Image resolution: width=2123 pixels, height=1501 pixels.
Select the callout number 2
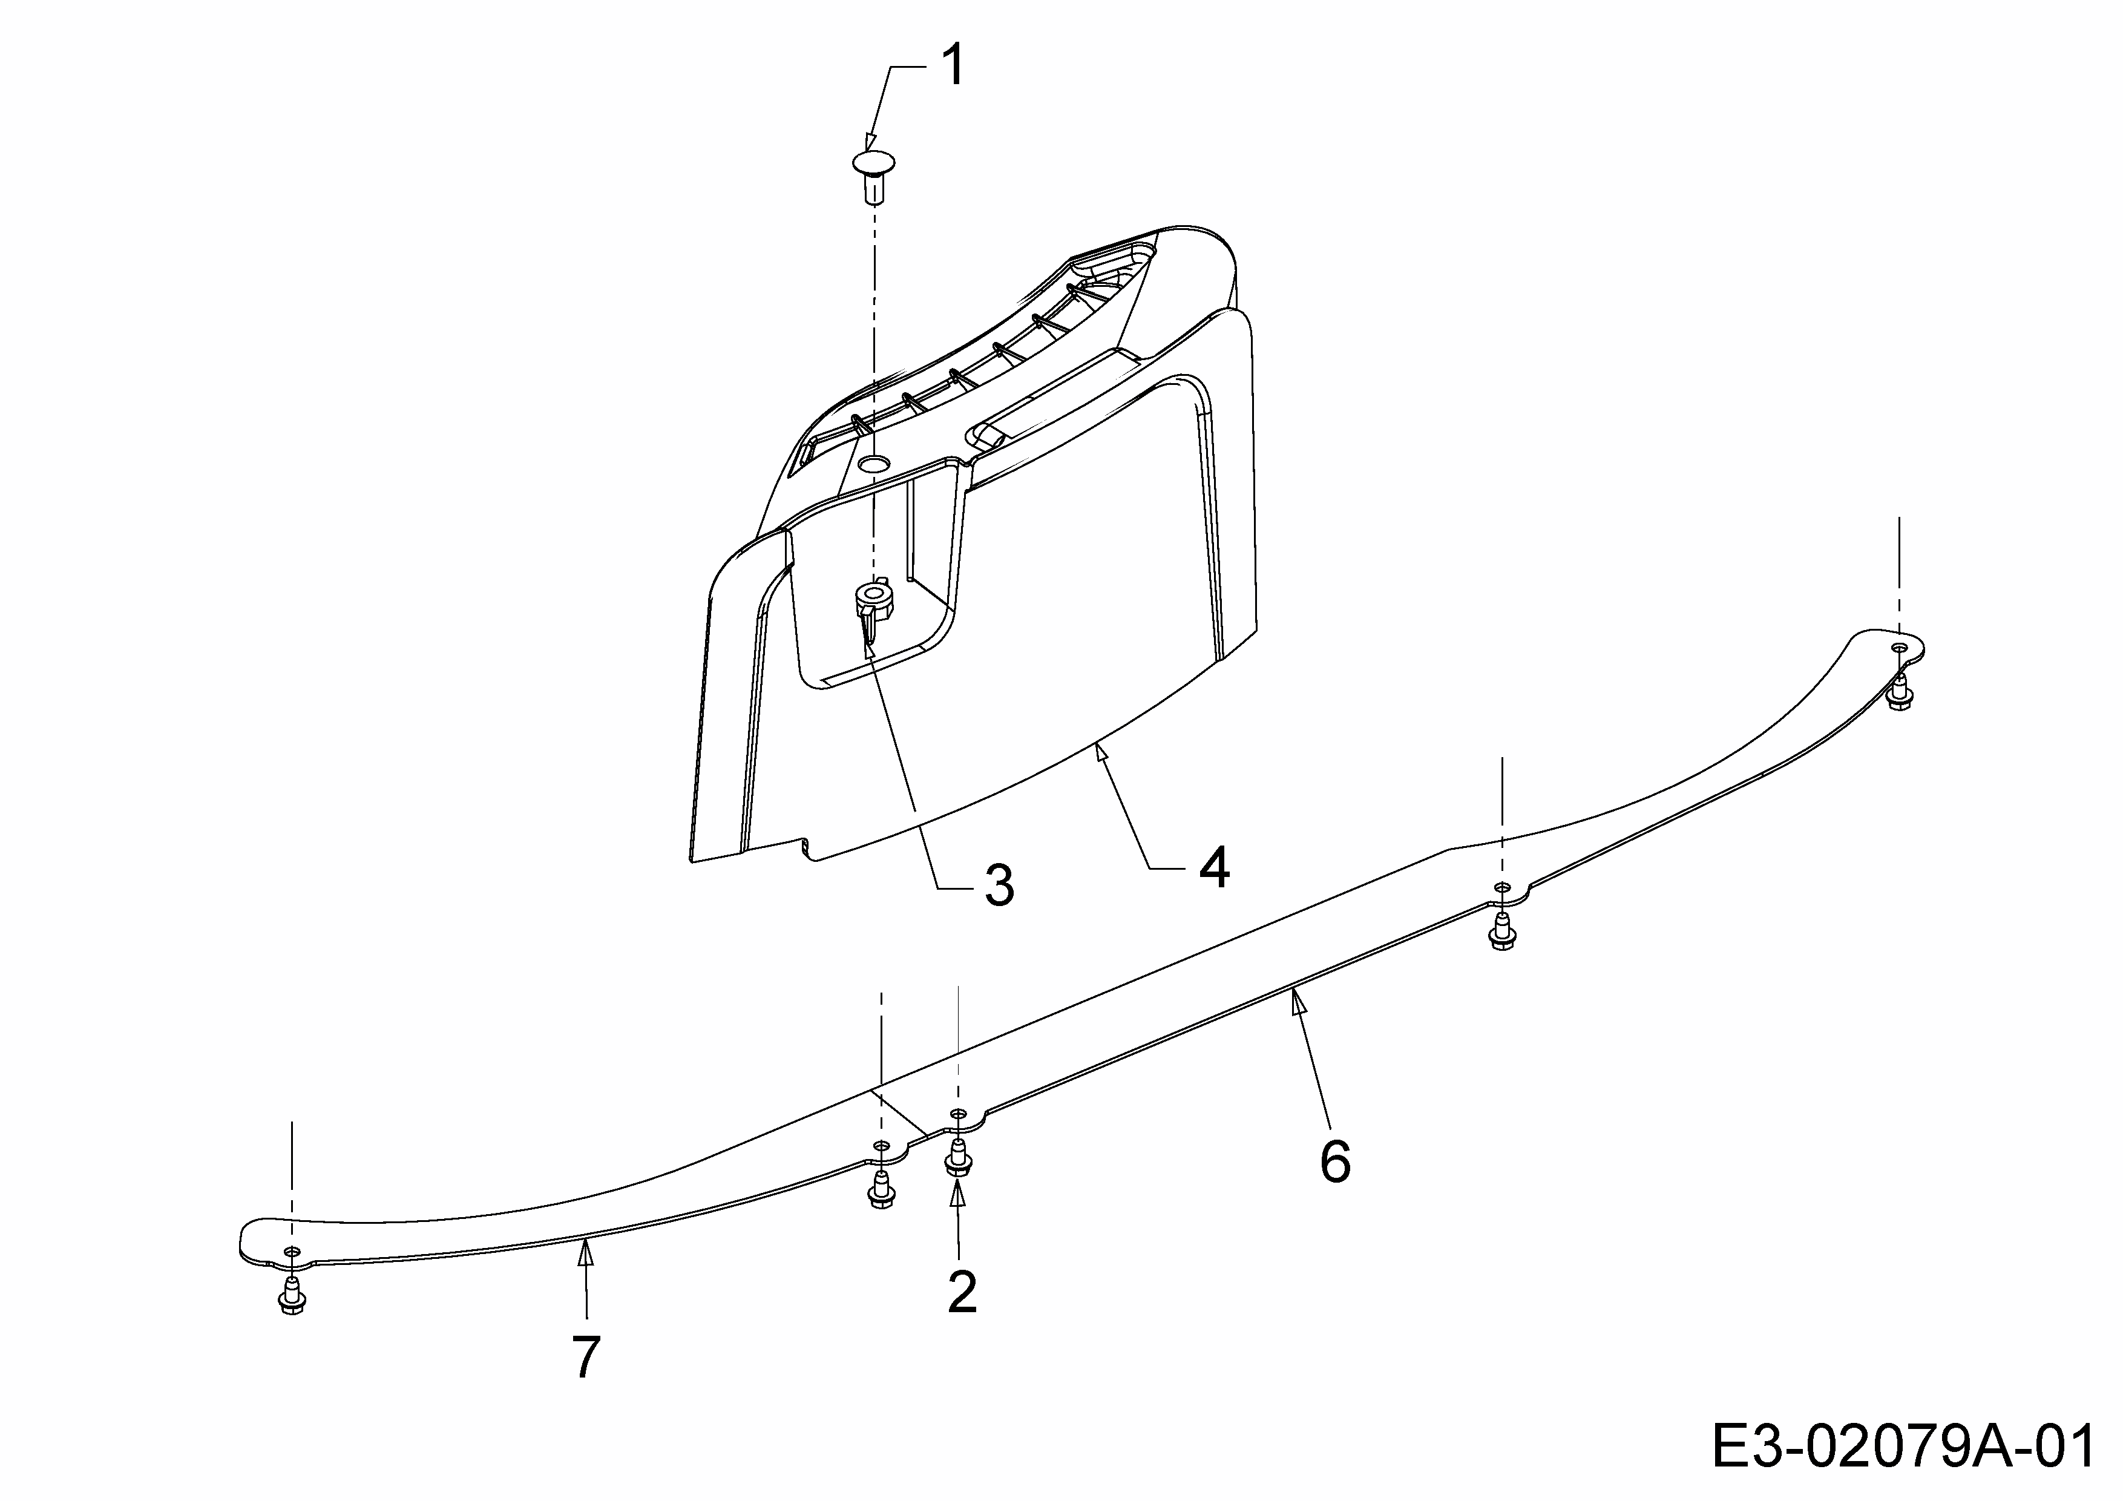[x=962, y=1292]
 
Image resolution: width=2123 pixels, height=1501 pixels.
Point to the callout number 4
[x=1214, y=867]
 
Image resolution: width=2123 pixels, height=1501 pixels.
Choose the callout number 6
[x=1335, y=1161]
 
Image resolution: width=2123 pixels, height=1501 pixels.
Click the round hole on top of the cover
[x=873, y=461]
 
